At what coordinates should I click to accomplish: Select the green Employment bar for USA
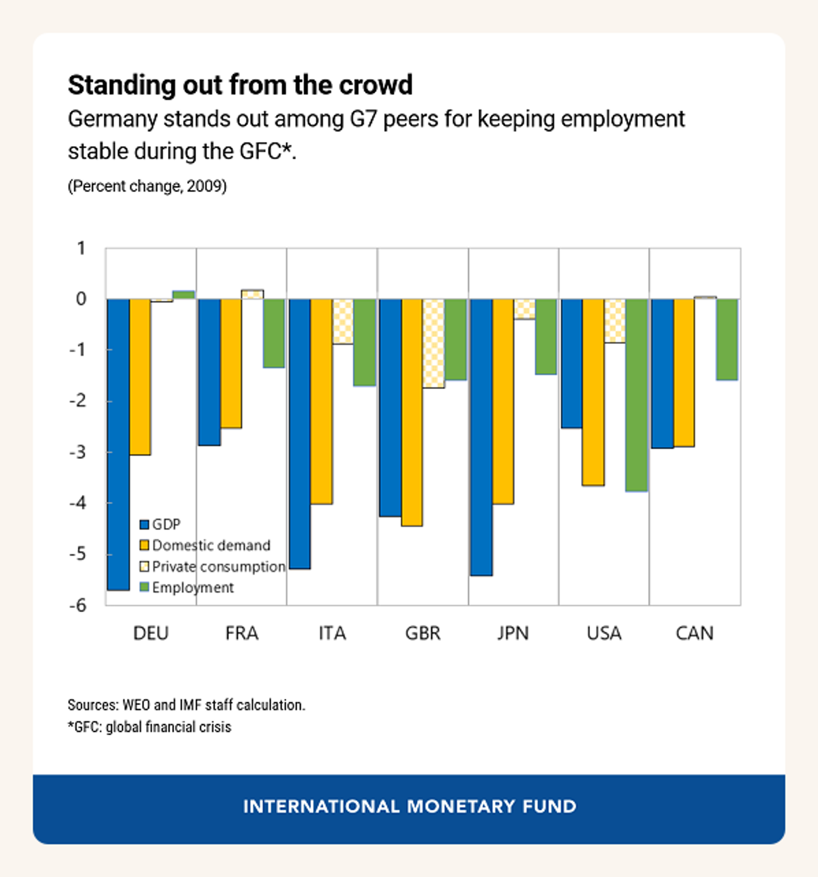click(636, 395)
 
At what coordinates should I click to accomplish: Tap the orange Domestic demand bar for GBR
click(412, 413)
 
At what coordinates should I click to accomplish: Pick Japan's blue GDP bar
click(481, 437)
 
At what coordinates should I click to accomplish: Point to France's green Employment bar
click(274, 333)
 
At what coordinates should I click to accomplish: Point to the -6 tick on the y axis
click(78, 605)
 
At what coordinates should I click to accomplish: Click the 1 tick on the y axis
click(81, 248)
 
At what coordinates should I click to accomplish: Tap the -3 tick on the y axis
click(78, 452)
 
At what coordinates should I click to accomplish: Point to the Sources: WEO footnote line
click(186, 705)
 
